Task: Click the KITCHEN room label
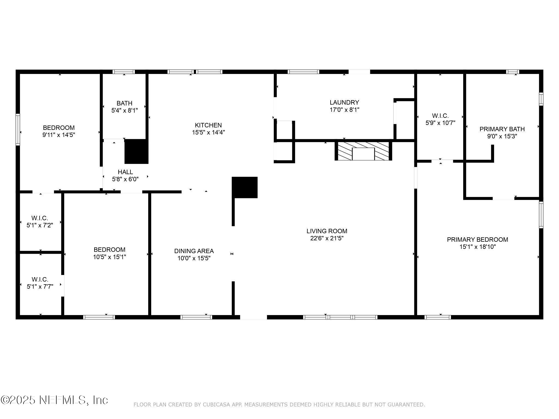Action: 208,125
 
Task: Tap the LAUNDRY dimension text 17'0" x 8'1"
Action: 344,110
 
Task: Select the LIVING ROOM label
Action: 327,231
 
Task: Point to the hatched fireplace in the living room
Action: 363,151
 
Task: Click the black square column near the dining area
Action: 245,187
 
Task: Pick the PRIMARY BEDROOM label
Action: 477,240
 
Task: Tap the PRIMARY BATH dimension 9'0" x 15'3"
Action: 502,136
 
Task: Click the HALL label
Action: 125,172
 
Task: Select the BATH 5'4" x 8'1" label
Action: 124,107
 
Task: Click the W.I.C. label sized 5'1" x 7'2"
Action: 40,222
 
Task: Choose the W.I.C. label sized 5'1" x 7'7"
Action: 40,283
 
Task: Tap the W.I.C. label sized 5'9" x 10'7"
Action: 440,119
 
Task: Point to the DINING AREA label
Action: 194,251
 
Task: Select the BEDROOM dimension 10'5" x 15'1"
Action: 109,257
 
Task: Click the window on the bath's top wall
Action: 124,72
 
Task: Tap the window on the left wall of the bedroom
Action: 18,129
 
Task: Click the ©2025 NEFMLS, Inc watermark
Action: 54,400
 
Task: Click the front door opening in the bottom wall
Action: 253,317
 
